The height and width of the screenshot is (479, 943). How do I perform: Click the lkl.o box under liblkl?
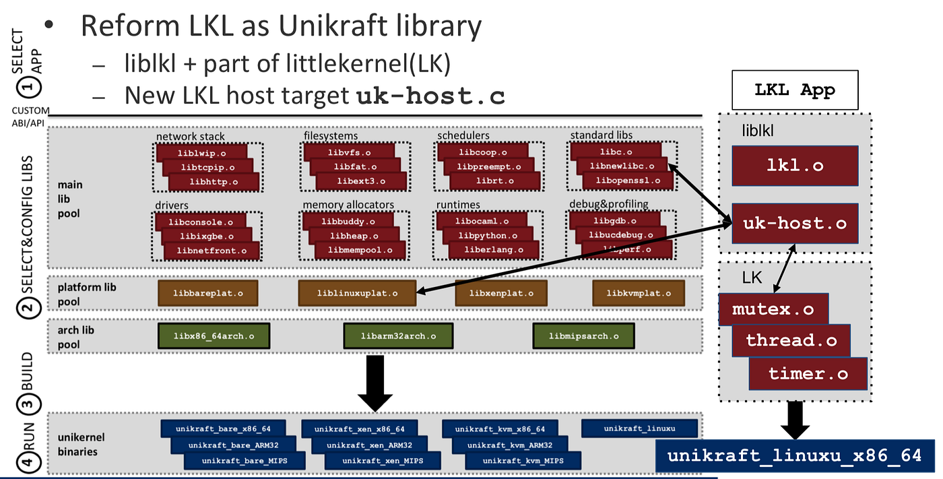(x=795, y=165)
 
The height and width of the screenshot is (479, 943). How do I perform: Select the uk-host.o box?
(x=795, y=223)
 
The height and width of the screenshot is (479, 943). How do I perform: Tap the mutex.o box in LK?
(x=773, y=310)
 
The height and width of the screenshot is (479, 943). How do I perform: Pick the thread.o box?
(x=791, y=341)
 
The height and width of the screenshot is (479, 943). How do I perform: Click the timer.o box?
(x=808, y=373)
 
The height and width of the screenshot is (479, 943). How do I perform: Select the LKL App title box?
(x=795, y=90)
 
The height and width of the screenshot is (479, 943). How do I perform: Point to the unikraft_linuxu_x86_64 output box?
(x=795, y=455)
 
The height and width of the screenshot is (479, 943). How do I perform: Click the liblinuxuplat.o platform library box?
(x=357, y=293)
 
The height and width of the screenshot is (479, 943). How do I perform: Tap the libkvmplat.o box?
(x=638, y=293)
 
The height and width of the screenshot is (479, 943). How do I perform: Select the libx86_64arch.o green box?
(x=214, y=336)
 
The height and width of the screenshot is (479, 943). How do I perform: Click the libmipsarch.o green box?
(x=583, y=336)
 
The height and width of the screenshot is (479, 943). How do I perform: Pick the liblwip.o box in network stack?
(x=201, y=153)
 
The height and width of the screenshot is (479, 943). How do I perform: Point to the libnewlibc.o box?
(x=618, y=165)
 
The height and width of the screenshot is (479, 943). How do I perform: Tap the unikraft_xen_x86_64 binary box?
(x=359, y=428)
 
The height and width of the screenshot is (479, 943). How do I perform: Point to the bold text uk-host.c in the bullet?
(x=431, y=96)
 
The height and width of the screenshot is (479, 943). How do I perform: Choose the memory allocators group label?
(x=348, y=205)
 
